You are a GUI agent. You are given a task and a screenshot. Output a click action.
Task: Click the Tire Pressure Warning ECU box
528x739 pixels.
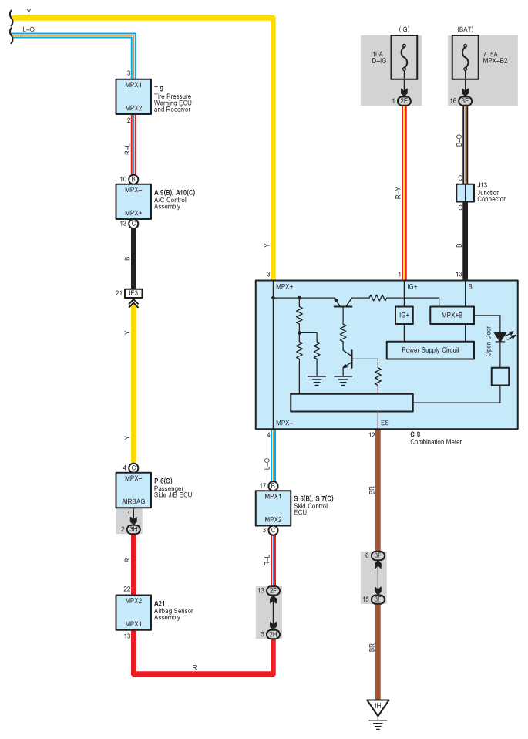pos(133,96)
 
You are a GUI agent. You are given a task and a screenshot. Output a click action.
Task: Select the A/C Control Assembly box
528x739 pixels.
pos(133,201)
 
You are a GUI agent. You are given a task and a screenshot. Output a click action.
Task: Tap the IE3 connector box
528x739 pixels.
pos(133,293)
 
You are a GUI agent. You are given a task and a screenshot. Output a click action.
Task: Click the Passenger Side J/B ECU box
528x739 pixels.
pos(133,490)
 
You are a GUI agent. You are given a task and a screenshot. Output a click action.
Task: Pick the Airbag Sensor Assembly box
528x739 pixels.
pos(133,612)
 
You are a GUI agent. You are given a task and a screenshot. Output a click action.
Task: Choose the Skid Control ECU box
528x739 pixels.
pos(273,508)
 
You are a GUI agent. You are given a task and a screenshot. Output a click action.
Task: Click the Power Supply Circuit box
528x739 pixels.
pos(430,350)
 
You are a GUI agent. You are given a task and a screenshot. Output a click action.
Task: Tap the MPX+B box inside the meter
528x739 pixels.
pos(452,316)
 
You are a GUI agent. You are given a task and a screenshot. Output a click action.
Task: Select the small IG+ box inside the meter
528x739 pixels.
pos(404,316)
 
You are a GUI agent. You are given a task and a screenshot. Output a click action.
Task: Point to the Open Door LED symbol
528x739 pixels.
pos(501,337)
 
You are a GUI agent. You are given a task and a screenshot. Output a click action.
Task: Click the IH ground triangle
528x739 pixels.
pos(378,707)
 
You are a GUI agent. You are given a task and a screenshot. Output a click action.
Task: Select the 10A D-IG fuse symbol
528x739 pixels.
pos(404,58)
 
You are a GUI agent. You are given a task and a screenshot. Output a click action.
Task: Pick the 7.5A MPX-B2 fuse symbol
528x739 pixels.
pos(465,58)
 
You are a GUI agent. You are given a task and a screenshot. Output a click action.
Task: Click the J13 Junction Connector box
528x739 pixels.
pos(465,193)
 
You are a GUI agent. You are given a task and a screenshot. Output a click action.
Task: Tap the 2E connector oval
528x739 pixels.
pos(404,101)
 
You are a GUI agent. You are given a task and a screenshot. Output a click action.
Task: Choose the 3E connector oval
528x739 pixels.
pos(465,101)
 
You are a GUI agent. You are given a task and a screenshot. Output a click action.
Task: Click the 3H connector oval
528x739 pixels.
pos(133,529)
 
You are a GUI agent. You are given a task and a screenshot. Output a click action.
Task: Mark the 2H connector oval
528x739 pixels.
pos(273,634)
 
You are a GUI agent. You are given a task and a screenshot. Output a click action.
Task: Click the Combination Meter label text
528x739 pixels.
pos(436,442)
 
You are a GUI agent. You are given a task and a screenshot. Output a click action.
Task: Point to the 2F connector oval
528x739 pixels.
pos(273,591)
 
